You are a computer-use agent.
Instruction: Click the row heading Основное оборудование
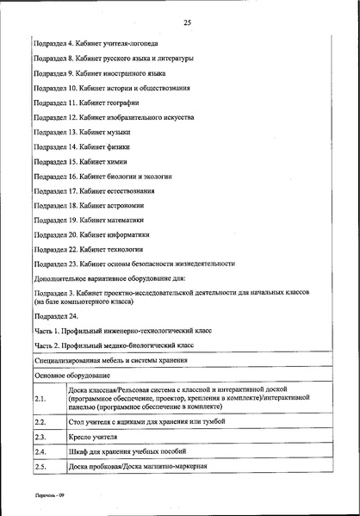[72, 376]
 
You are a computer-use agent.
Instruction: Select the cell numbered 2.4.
[40, 451]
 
